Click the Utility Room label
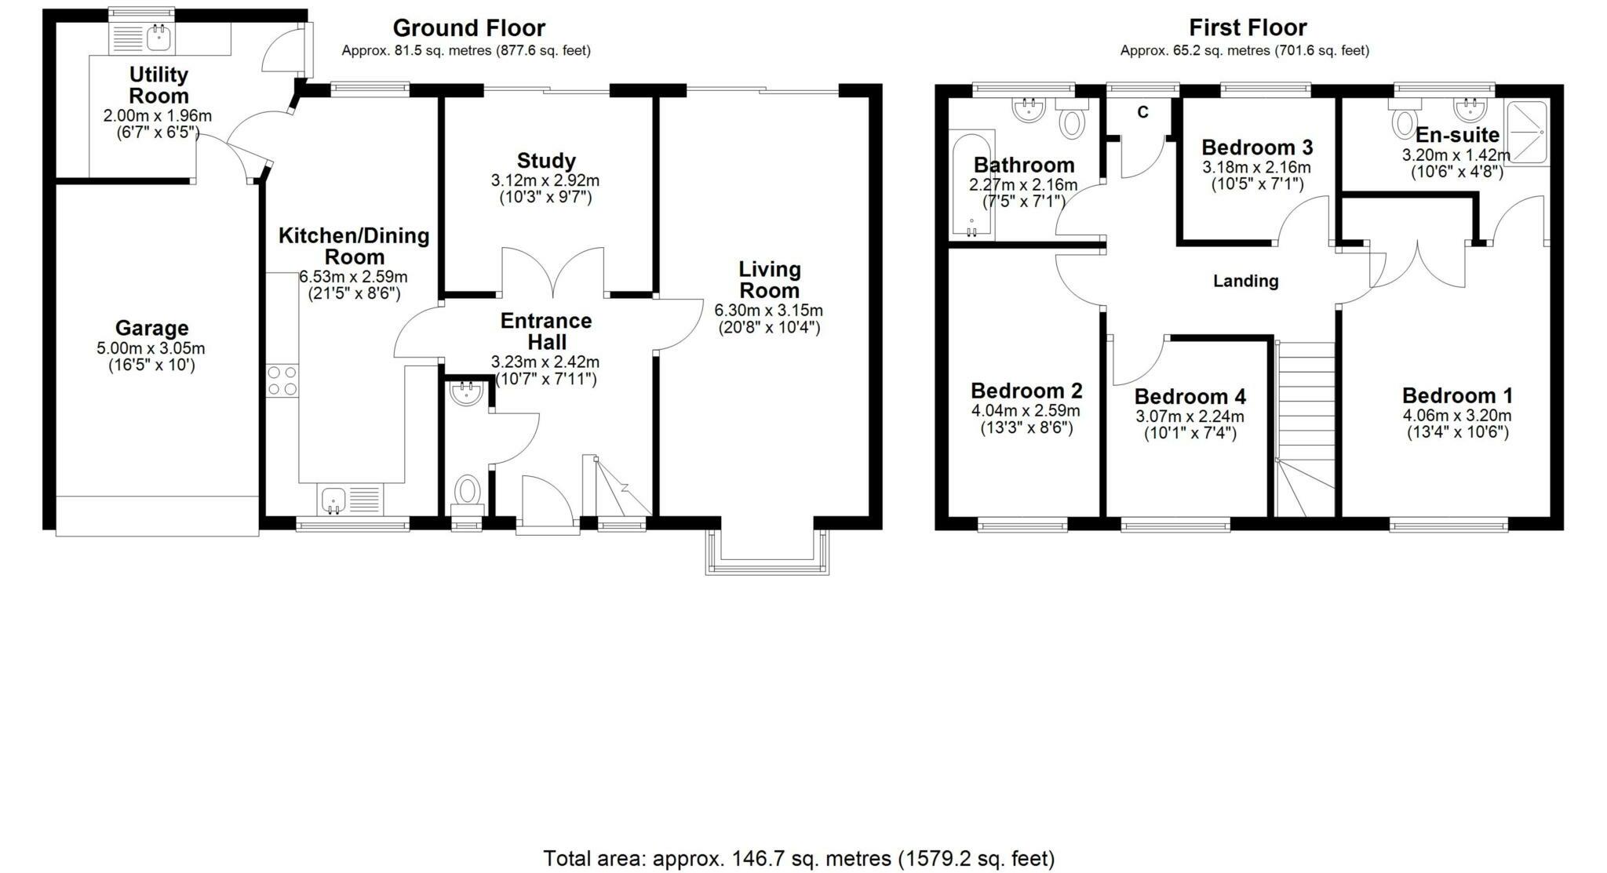(x=159, y=85)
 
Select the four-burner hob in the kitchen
(x=282, y=380)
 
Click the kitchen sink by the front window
(x=333, y=499)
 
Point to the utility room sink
(x=159, y=35)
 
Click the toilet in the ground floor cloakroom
(x=468, y=492)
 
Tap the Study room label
(x=546, y=161)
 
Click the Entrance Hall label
(x=546, y=331)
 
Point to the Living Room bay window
(x=767, y=553)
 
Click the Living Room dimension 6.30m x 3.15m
(x=768, y=310)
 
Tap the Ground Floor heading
(x=468, y=28)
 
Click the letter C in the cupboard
(x=1142, y=112)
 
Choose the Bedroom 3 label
(x=1256, y=147)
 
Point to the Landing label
(x=1245, y=281)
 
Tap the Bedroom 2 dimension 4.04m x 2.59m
(x=1026, y=410)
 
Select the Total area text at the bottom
(x=799, y=857)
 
